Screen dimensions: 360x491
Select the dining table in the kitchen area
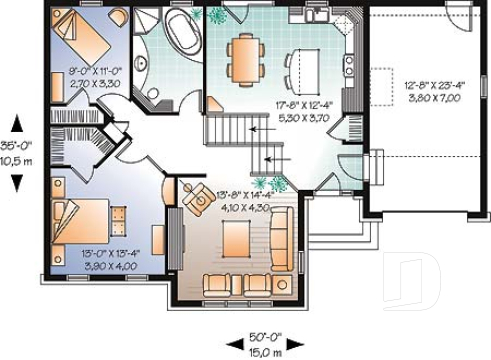pyautogui.click(x=245, y=57)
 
